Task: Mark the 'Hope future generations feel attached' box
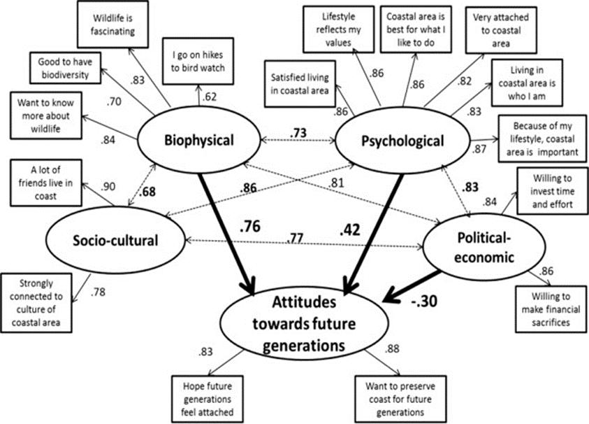(x=206, y=398)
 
